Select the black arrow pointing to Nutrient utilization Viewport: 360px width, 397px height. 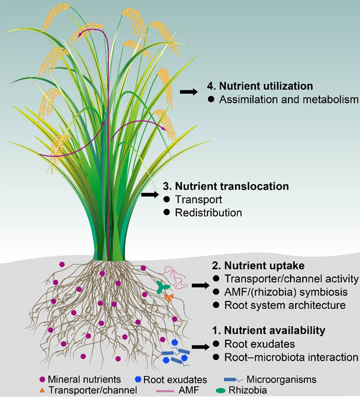(188, 92)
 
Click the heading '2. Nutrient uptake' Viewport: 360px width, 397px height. (250, 265)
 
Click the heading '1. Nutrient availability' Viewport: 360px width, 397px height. (267, 330)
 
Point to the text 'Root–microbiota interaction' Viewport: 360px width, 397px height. (287, 357)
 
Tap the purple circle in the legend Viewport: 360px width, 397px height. (42, 380)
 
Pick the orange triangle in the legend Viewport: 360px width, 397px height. (42, 391)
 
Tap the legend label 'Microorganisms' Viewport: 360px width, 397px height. (284, 380)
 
